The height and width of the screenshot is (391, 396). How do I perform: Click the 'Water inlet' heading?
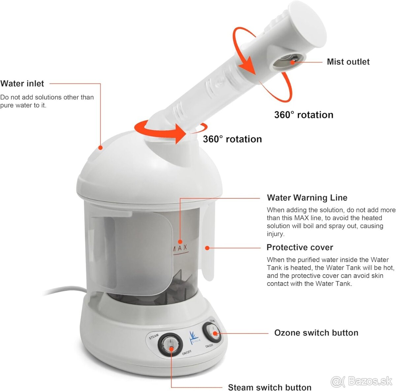pyautogui.click(x=22, y=84)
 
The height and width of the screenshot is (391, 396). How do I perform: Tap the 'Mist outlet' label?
pyautogui.click(x=348, y=62)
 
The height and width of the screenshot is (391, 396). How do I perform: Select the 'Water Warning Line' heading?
pyautogui.click(x=307, y=198)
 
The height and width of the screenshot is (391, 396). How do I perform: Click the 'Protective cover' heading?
pyautogui.click(x=300, y=247)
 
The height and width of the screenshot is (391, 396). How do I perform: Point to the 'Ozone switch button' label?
pyautogui.click(x=316, y=333)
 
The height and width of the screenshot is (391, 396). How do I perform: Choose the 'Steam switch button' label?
pyautogui.click(x=270, y=387)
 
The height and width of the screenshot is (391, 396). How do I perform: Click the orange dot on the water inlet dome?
pyautogui.click(x=101, y=148)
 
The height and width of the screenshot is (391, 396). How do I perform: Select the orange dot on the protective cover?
pyautogui.click(x=207, y=248)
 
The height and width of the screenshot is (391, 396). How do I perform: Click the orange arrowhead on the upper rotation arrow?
pyautogui.click(x=247, y=64)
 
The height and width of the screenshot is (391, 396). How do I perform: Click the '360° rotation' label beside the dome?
pyautogui.click(x=232, y=139)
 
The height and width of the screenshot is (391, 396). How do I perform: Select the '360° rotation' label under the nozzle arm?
pyautogui.click(x=304, y=115)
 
